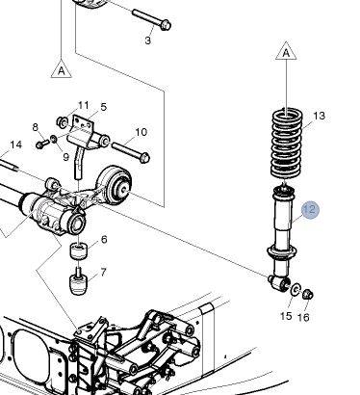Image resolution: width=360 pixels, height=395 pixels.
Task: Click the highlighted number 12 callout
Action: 310,210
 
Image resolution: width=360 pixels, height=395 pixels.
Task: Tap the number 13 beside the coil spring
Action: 319,116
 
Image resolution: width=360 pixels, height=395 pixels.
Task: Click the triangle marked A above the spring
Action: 286,51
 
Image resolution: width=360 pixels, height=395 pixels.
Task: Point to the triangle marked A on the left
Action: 62,68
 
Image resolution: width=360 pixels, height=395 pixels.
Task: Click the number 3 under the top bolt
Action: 147,40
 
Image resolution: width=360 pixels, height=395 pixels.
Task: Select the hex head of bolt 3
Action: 165,25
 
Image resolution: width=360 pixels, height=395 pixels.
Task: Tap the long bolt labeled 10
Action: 131,152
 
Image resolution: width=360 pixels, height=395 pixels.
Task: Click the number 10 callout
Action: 141,132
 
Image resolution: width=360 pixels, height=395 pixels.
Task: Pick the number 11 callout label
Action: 84,105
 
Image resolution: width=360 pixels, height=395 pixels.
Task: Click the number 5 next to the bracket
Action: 103,107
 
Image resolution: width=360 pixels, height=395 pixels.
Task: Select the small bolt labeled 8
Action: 42,144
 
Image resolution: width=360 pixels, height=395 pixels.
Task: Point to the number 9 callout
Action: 65,157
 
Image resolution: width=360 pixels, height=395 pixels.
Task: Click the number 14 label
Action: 16,145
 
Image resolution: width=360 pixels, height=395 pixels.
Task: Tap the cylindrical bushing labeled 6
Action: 79,250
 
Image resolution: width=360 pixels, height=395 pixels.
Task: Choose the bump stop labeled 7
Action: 79,281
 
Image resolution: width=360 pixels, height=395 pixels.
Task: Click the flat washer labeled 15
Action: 296,289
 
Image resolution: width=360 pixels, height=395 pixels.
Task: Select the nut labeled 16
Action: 308,294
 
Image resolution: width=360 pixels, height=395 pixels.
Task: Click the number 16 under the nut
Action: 303,318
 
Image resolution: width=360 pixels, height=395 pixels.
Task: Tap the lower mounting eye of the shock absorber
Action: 278,282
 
